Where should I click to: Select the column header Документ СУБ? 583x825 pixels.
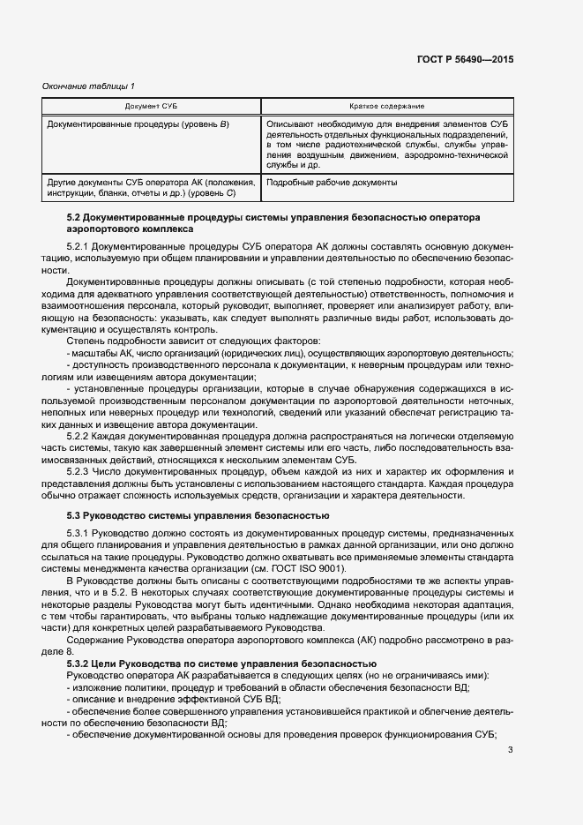click(x=151, y=106)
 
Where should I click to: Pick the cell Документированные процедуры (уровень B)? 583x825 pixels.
click(x=138, y=124)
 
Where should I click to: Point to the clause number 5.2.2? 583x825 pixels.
click(x=78, y=435)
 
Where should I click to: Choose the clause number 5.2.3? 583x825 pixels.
click(x=78, y=472)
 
